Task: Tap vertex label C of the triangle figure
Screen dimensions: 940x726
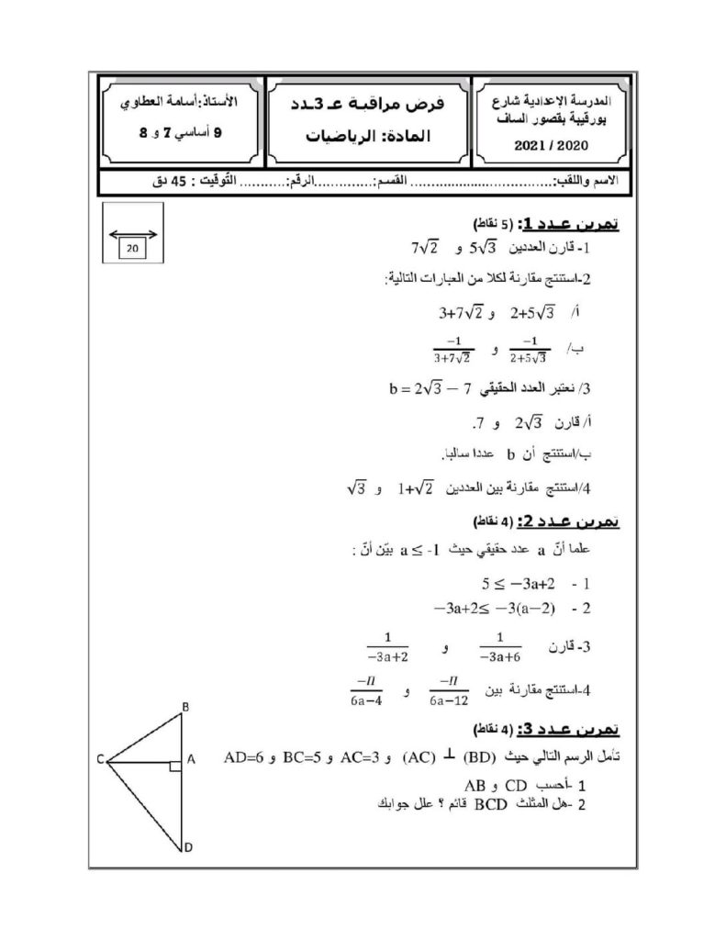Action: click(x=98, y=759)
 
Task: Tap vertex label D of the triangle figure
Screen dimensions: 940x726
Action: click(x=187, y=848)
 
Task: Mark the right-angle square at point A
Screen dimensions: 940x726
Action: click(x=175, y=765)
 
